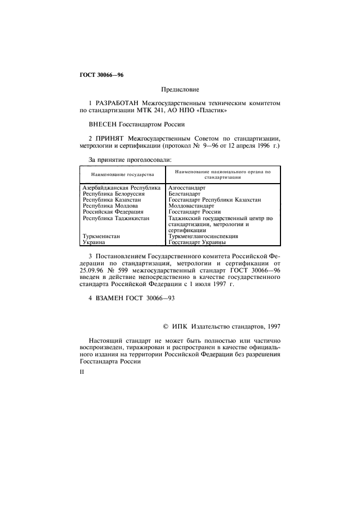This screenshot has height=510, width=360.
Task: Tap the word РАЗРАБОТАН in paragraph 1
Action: [119, 103]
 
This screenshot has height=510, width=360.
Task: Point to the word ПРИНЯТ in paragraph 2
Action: [111, 138]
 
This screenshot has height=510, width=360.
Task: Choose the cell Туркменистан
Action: [101, 236]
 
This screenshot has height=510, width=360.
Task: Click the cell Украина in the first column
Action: [94, 242]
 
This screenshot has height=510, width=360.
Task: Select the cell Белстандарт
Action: [185, 193]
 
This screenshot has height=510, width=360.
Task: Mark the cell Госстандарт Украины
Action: [198, 242]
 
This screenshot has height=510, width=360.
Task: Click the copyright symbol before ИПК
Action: [166, 326]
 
